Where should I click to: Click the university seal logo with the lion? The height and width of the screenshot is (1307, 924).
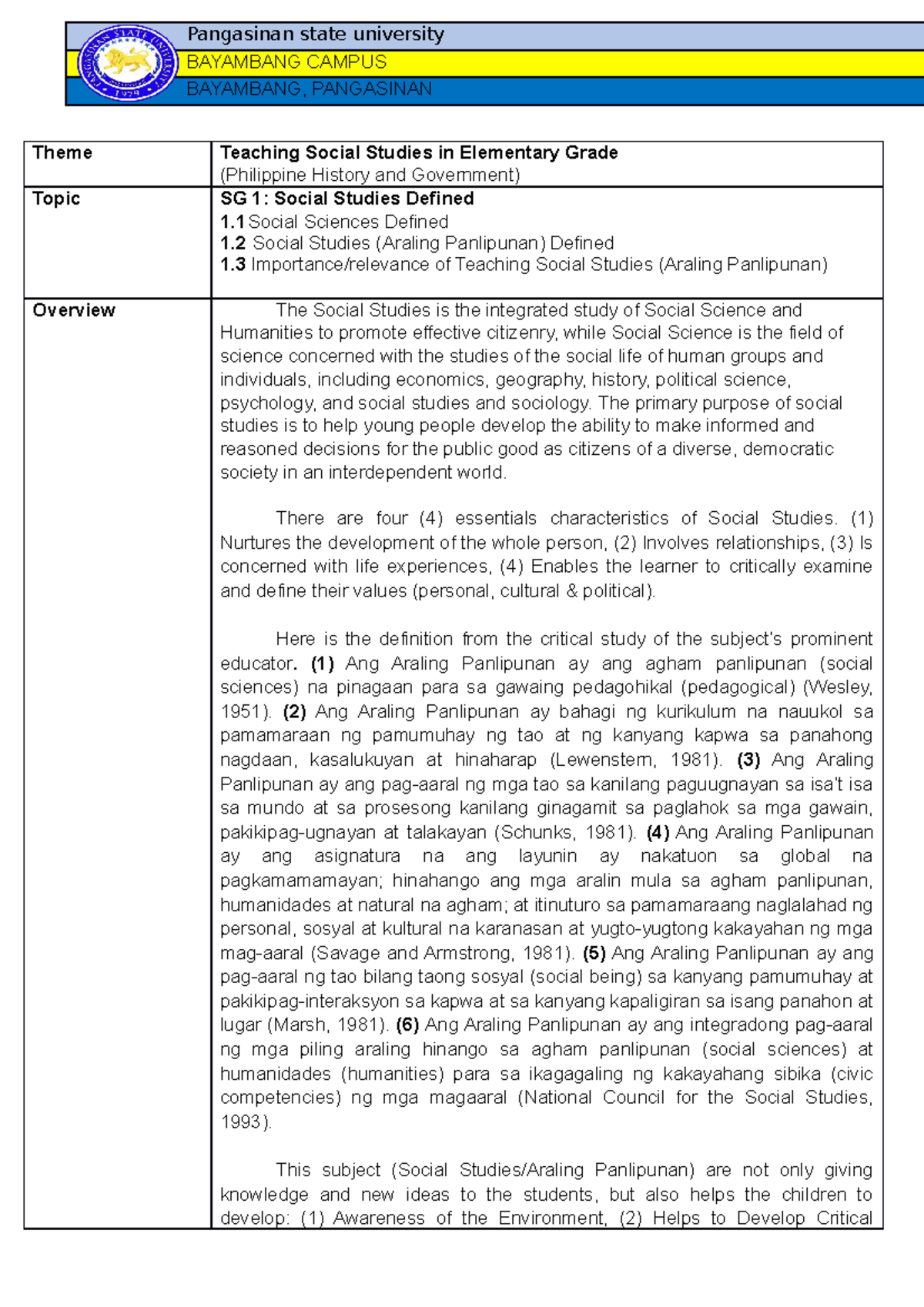[x=128, y=63]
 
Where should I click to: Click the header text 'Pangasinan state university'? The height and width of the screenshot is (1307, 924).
[x=316, y=35]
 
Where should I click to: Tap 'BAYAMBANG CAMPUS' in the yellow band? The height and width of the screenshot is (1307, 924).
[x=286, y=62]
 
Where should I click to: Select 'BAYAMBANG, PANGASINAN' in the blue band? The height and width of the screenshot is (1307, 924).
[x=309, y=89]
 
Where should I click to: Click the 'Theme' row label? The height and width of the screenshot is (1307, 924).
[x=62, y=152]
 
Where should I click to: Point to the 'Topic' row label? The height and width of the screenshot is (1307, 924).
[x=56, y=199]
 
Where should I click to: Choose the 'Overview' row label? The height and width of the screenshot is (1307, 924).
[x=74, y=310]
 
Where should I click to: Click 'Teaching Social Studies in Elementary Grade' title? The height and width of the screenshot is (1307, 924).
[x=419, y=152]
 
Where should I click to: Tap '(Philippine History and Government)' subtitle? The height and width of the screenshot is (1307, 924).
[x=370, y=175]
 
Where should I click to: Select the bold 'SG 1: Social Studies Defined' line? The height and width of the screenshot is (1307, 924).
[x=346, y=199]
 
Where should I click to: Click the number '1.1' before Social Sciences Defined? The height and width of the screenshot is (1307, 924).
[x=232, y=222]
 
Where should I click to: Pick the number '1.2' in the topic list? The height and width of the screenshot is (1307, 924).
[x=233, y=243]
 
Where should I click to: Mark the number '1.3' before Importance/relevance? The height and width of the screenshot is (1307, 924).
[x=233, y=265]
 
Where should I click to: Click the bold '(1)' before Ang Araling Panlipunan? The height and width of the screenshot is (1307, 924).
[x=323, y=664]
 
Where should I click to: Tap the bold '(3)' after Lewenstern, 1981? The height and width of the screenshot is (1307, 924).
[x=748, y=760]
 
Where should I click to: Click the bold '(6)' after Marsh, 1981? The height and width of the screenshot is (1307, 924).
[x=407, y=1025]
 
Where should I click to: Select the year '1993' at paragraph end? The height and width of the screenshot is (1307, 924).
[x=241, y=1122]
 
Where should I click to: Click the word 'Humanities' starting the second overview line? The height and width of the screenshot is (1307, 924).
[x=265, y=333]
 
